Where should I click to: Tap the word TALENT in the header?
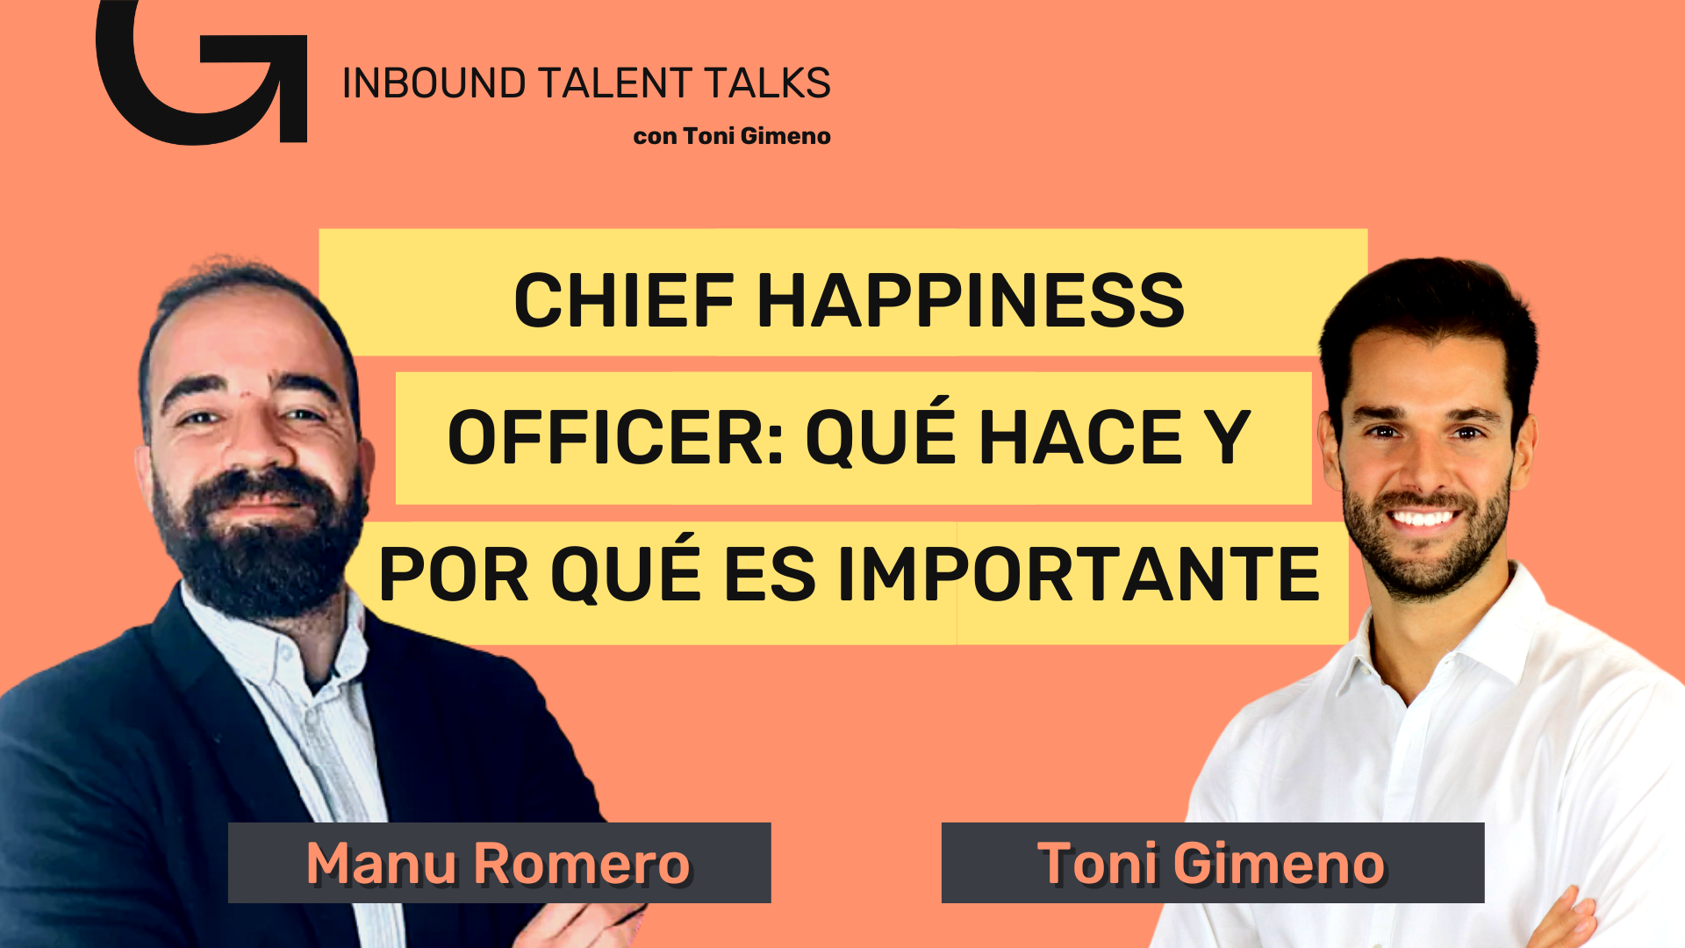click(x=615, y=83)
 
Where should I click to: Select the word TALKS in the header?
click(x=767, y=83)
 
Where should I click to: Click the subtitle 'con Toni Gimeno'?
click(x=732, y=136)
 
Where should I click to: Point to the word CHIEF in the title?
click(x=624, y=300)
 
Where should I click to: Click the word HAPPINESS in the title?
click(x=971, y=300)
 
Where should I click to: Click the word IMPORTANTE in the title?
click(x=1079, y=574)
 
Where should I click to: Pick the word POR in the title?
click(x=454, y=574)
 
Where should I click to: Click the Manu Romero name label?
click(x=499, y=863)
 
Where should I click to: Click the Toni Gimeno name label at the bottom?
click(x=1213, y=863)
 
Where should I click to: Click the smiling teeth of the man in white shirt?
click(x=1422, y=518)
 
